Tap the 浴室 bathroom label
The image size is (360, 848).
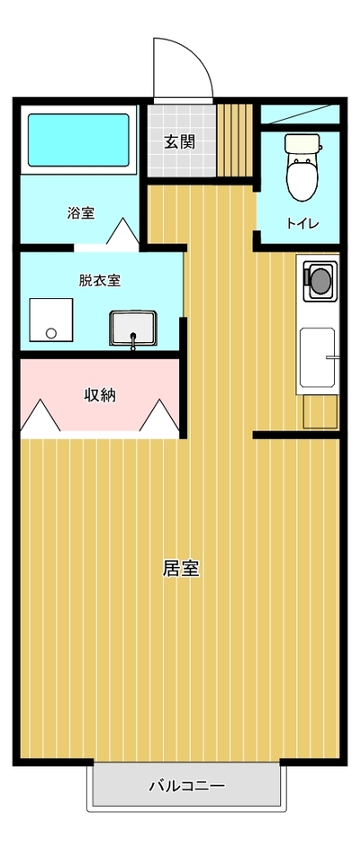[x=81, y=212]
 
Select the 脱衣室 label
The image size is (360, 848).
[x=100, y=281]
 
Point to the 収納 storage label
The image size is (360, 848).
[x=100, y=395]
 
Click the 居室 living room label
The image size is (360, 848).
[x=181, y=568]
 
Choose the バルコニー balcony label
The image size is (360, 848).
[x=186, y=785]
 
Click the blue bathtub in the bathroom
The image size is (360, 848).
[x=79, y=140]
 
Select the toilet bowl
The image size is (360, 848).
[x=301, y=178]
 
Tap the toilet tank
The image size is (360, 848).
[x=303, y=144]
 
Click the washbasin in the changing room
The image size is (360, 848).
[x=133, y=329]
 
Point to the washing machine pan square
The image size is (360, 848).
[x=50, y=320]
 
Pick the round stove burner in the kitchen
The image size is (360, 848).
[x=320, y=281]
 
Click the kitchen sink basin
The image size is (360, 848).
[x=319, y=357]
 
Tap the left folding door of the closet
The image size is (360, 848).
[x=40, y=415]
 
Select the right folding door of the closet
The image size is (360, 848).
[x=159, y=415]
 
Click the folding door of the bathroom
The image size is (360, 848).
[x=124, y=230]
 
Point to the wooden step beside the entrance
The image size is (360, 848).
[x=235, y=140]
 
